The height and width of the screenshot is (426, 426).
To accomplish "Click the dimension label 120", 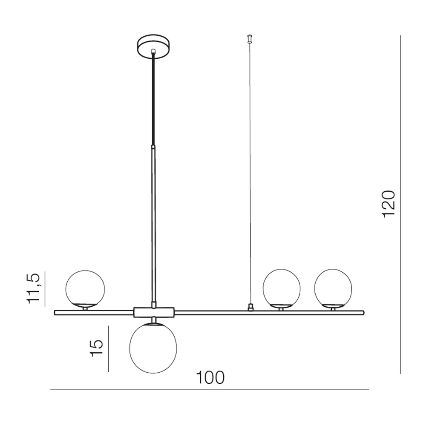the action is [388, 204].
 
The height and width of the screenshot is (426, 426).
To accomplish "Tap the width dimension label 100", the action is [210, 377].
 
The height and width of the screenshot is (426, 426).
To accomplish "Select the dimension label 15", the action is [97, 348].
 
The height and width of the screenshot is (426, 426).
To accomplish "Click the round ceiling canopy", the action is [153, 46].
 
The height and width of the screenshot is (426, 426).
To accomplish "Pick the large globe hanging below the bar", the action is [153, 348].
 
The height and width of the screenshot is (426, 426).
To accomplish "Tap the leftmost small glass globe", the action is [85, 288].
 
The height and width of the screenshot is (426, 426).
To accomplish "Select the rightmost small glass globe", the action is [333, 288].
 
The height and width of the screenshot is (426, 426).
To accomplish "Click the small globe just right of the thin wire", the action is [282, 288].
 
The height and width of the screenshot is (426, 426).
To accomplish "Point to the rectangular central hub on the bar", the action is [154, 312].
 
